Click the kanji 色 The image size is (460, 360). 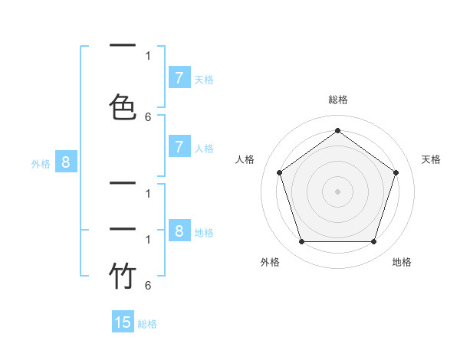(x=123, y=106)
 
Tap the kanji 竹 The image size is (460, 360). (x=123, y=276)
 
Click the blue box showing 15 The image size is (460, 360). (x=123, y=322)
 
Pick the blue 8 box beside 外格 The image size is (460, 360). (x=66, y=162)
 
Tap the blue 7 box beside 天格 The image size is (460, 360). (x=179, y=77)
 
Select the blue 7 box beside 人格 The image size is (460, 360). (x=179, y=147)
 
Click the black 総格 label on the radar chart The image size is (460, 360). (x=337, y=100)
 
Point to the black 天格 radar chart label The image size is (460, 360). (x=431, y=159)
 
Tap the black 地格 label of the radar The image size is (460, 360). (x=402, y=262)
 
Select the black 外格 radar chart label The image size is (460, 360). (x=270, y=262)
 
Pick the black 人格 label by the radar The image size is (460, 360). (x=245, y=159)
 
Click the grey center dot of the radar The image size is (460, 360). (x=337, y=191)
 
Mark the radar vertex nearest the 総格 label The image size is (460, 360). (x=337, y=130)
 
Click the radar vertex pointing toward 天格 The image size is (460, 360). (x=396, y=172)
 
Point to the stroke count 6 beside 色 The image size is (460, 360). (x=148, y=116)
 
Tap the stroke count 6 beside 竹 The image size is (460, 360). (x=148, y=285)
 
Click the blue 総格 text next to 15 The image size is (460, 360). (x=147, y=324)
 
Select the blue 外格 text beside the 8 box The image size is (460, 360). (x=41, y=163)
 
